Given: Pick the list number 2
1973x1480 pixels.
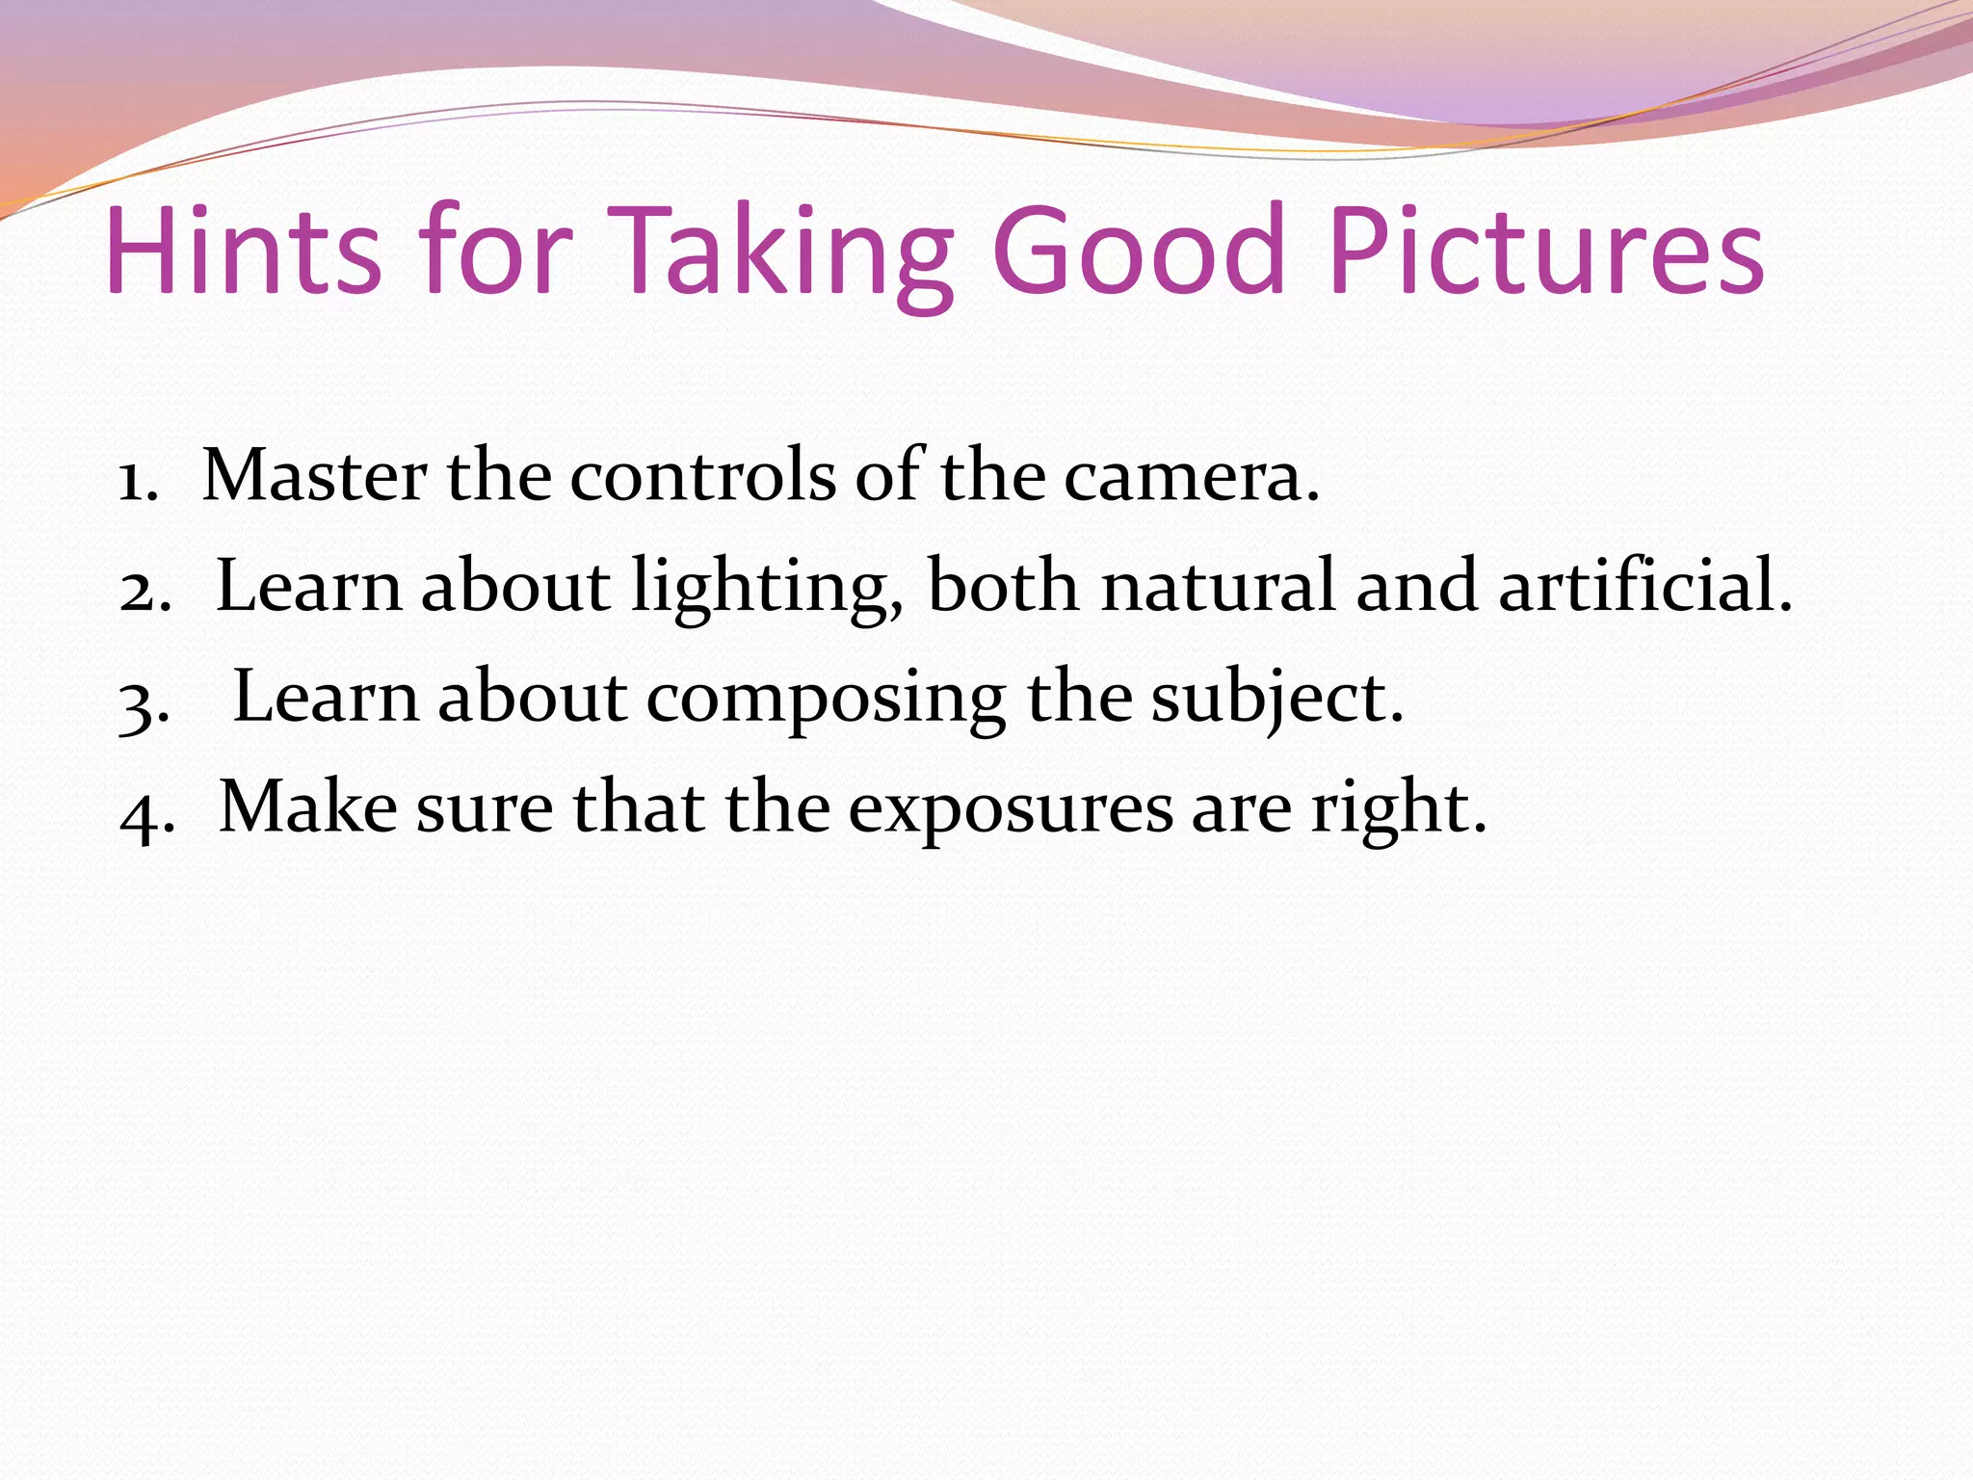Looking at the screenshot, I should pyautogui.click(x=145, y=589).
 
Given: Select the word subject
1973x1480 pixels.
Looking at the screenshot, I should pyautogui.click(x=1276, y=699).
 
